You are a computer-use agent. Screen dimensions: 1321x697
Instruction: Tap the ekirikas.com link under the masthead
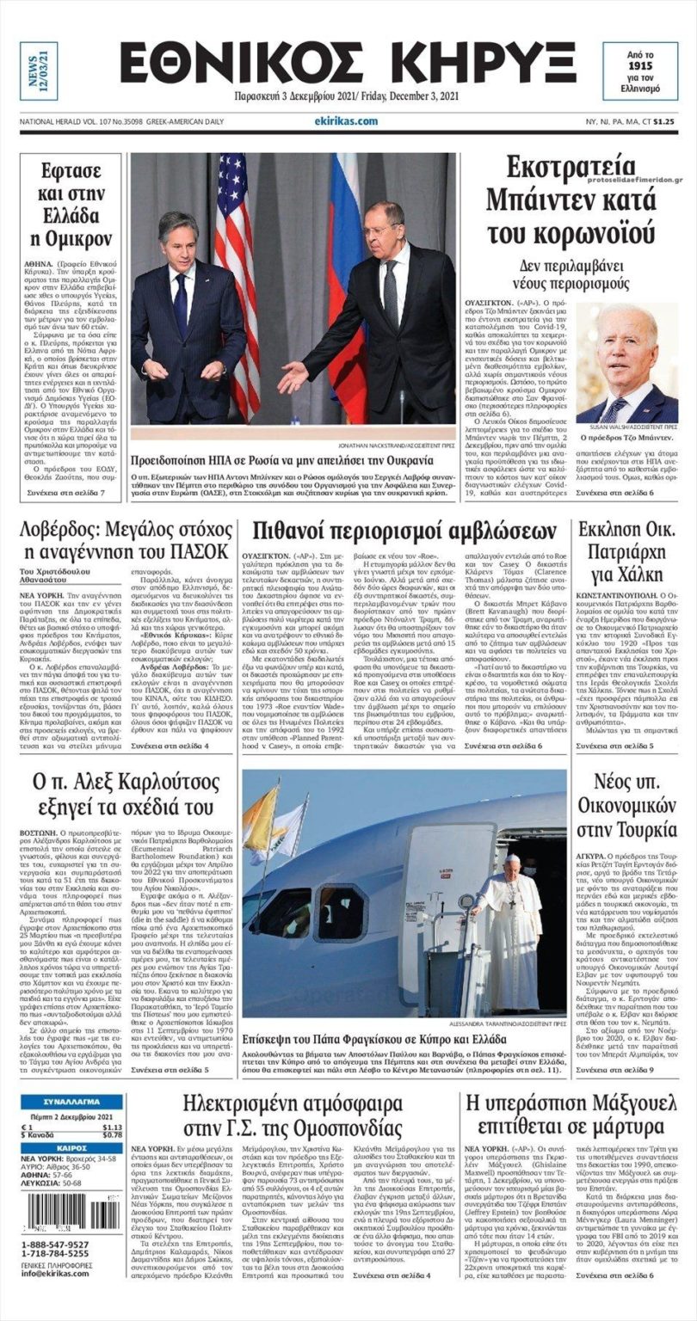[x=346, y=121]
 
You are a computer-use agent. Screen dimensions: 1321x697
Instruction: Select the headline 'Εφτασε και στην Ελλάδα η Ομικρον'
[x=71, y=203]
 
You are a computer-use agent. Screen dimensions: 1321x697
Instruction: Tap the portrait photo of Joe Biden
[x=626, y=366]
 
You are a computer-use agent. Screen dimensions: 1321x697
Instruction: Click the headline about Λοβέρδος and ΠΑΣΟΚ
[x=125, y=539]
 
